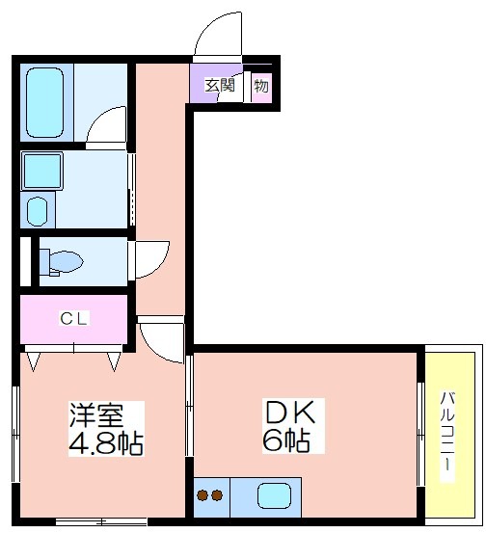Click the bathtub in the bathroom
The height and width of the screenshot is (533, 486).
point(44,102)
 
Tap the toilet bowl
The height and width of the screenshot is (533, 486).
point(61,262)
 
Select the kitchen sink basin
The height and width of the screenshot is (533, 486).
point(274,496)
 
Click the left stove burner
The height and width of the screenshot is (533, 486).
point(203,495)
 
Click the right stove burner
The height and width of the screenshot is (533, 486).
point(217,495)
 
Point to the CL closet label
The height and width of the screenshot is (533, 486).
point(74,318)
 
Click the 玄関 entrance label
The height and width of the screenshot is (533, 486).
point(220,85)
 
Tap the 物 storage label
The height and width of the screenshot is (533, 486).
point(261,86)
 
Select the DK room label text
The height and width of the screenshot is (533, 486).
point(290,413)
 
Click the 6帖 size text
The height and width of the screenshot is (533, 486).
point(286,440)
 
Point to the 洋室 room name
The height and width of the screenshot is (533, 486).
point(96,414)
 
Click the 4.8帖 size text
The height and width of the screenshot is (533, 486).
point(106,443)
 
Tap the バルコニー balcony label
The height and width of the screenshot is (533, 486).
point(447,432)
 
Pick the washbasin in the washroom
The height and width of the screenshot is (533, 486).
point(37,211)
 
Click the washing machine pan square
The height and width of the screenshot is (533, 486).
point(42,171)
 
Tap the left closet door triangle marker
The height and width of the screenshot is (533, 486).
point(33,361)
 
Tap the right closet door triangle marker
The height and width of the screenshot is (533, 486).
point(114,361)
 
